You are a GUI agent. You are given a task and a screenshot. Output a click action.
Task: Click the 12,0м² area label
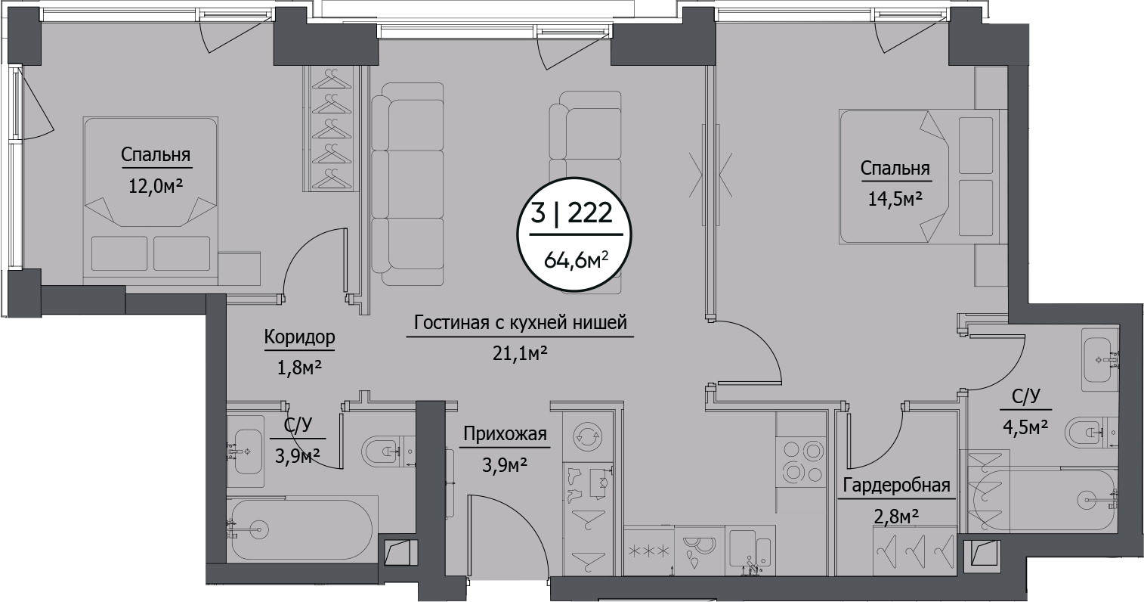[156, 186]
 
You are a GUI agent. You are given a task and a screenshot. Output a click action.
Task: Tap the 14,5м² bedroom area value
[895, 199]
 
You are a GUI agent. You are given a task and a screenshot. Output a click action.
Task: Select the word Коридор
[300, 337]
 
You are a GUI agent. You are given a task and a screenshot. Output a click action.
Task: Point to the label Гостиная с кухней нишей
[521, 323]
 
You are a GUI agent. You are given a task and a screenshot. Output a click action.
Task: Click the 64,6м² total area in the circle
[576, 261]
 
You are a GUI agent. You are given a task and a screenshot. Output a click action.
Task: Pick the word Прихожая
[505, 434]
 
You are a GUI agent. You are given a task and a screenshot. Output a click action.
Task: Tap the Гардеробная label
[896, 485]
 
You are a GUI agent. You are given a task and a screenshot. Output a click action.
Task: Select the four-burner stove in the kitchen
[801, 463]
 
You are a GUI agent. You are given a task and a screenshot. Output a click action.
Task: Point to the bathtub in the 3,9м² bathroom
[301, 529]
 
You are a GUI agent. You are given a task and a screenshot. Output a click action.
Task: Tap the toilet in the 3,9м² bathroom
[388, 451]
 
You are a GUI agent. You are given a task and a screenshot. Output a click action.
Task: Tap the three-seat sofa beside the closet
[407, 184]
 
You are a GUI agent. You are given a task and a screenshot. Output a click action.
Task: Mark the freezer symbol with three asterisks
[648, 551]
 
